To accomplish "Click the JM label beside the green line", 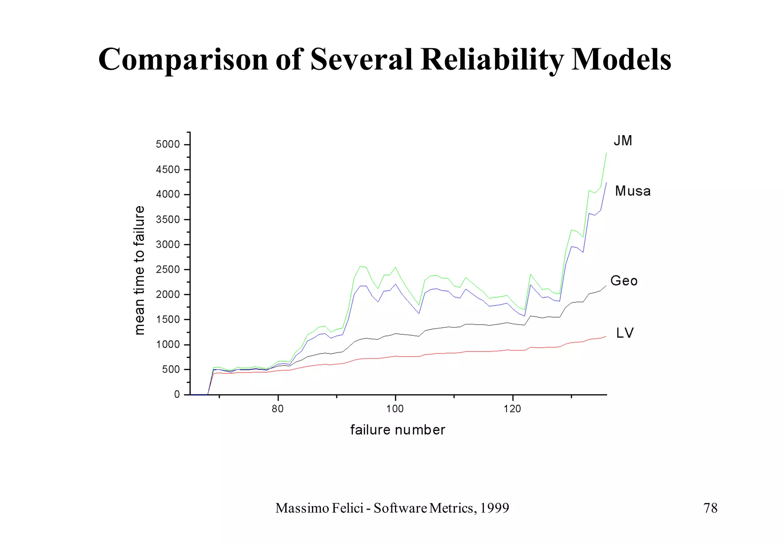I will (x=623, y=141).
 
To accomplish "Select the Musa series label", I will (x=632, y=191).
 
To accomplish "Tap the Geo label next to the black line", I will (x=624, y=281).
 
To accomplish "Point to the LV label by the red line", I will (x=625, y=333).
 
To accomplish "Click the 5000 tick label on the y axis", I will (x=168, y=144).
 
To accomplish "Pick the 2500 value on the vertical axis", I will (x=168, y=270).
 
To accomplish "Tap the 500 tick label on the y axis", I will (x=171, y=370).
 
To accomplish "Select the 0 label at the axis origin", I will (x=177, y=394).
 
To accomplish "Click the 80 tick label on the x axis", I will (x=278, y=409).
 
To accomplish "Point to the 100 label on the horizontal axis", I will (x=395, y=409).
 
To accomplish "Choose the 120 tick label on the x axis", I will (x=512, y=409).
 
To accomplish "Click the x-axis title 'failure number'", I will (x=397, y=430).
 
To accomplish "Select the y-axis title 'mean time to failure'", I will (x=139, y=270).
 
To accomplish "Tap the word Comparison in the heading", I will (x=183, y=60).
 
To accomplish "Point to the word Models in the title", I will (x=621, y=60).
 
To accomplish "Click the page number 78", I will (x=710, y=508).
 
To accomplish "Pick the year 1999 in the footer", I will (x=495, y=508).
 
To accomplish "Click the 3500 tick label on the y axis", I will (x=168, y=219).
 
